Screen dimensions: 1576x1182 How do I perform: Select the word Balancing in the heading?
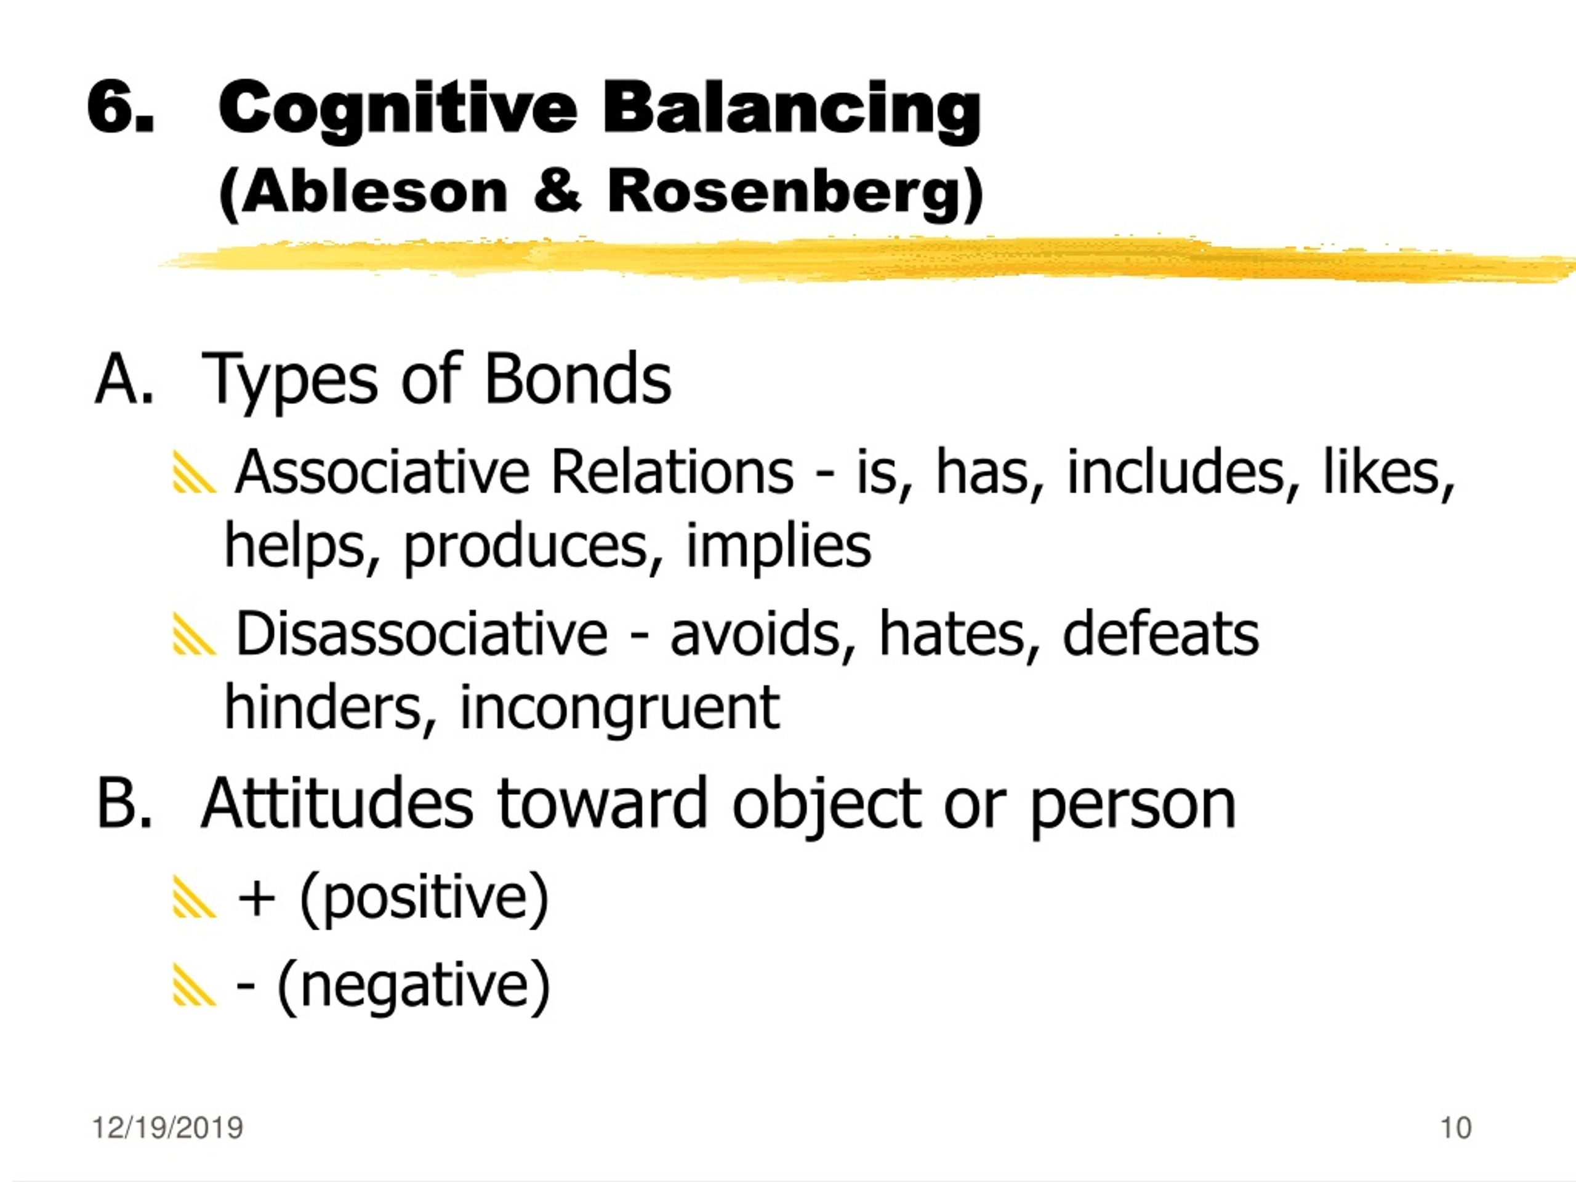point(792,110)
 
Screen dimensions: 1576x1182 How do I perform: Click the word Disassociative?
point(422,633)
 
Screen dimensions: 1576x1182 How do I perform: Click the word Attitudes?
point(337,803)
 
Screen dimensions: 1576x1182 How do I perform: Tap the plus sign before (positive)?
point(257,898)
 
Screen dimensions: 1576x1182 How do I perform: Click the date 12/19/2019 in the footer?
point(167,1128)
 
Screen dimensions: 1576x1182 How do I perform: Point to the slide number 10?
point(1455,1128)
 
